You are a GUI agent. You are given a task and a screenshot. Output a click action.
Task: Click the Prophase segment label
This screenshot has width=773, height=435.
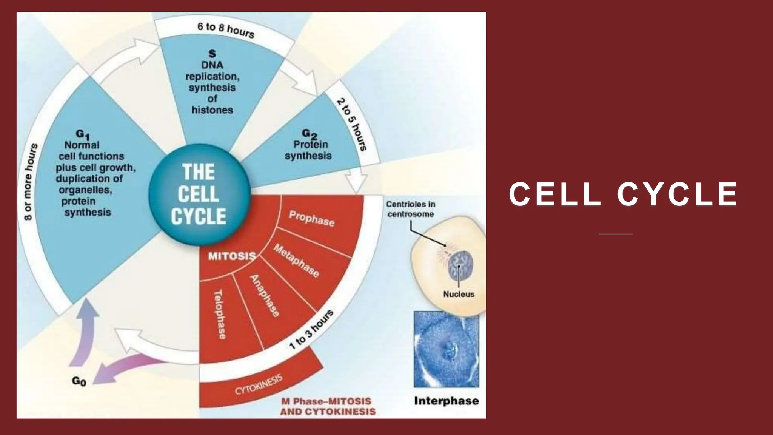click(x=312, y=219)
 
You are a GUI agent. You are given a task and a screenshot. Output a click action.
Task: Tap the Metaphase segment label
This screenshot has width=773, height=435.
click(x=297, y=261)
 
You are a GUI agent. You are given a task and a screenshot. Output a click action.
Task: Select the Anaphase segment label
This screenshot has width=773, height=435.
click(x=265, y=296)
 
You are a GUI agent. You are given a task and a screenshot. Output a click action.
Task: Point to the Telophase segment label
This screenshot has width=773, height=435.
click(x=220, y=314)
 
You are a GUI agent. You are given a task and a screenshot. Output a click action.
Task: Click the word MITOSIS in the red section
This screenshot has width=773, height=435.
click(x=232, y=256)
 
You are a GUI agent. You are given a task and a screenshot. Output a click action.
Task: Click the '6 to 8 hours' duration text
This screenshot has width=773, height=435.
click(x=226, y=30)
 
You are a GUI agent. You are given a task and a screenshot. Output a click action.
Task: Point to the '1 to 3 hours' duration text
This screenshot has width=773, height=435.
click(x=311, y=329)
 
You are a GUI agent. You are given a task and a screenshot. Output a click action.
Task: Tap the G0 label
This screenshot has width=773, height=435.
click(x=79, y=381)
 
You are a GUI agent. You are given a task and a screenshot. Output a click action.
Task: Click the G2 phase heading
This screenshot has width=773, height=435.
click(x=309, y=134)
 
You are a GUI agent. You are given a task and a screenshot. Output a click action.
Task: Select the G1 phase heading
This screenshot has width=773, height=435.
click(x=82, y=134)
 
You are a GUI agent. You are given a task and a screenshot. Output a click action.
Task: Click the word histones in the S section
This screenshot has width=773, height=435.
click(x=212, y=110)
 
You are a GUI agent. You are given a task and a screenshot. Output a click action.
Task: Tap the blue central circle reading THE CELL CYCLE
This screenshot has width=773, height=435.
click(x=199, y=194)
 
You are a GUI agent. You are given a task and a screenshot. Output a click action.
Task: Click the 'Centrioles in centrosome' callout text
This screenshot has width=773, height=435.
click(x=410, y=209)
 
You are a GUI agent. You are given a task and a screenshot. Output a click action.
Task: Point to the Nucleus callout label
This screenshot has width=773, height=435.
click(x=459, y=294)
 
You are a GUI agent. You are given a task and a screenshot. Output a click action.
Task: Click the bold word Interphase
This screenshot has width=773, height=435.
click(x=446, y=401)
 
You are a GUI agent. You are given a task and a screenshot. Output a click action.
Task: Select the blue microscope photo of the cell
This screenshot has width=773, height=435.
click(x=446, y=349)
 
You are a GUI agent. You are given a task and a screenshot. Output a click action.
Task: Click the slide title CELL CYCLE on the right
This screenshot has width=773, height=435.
click(x=623, y=194)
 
